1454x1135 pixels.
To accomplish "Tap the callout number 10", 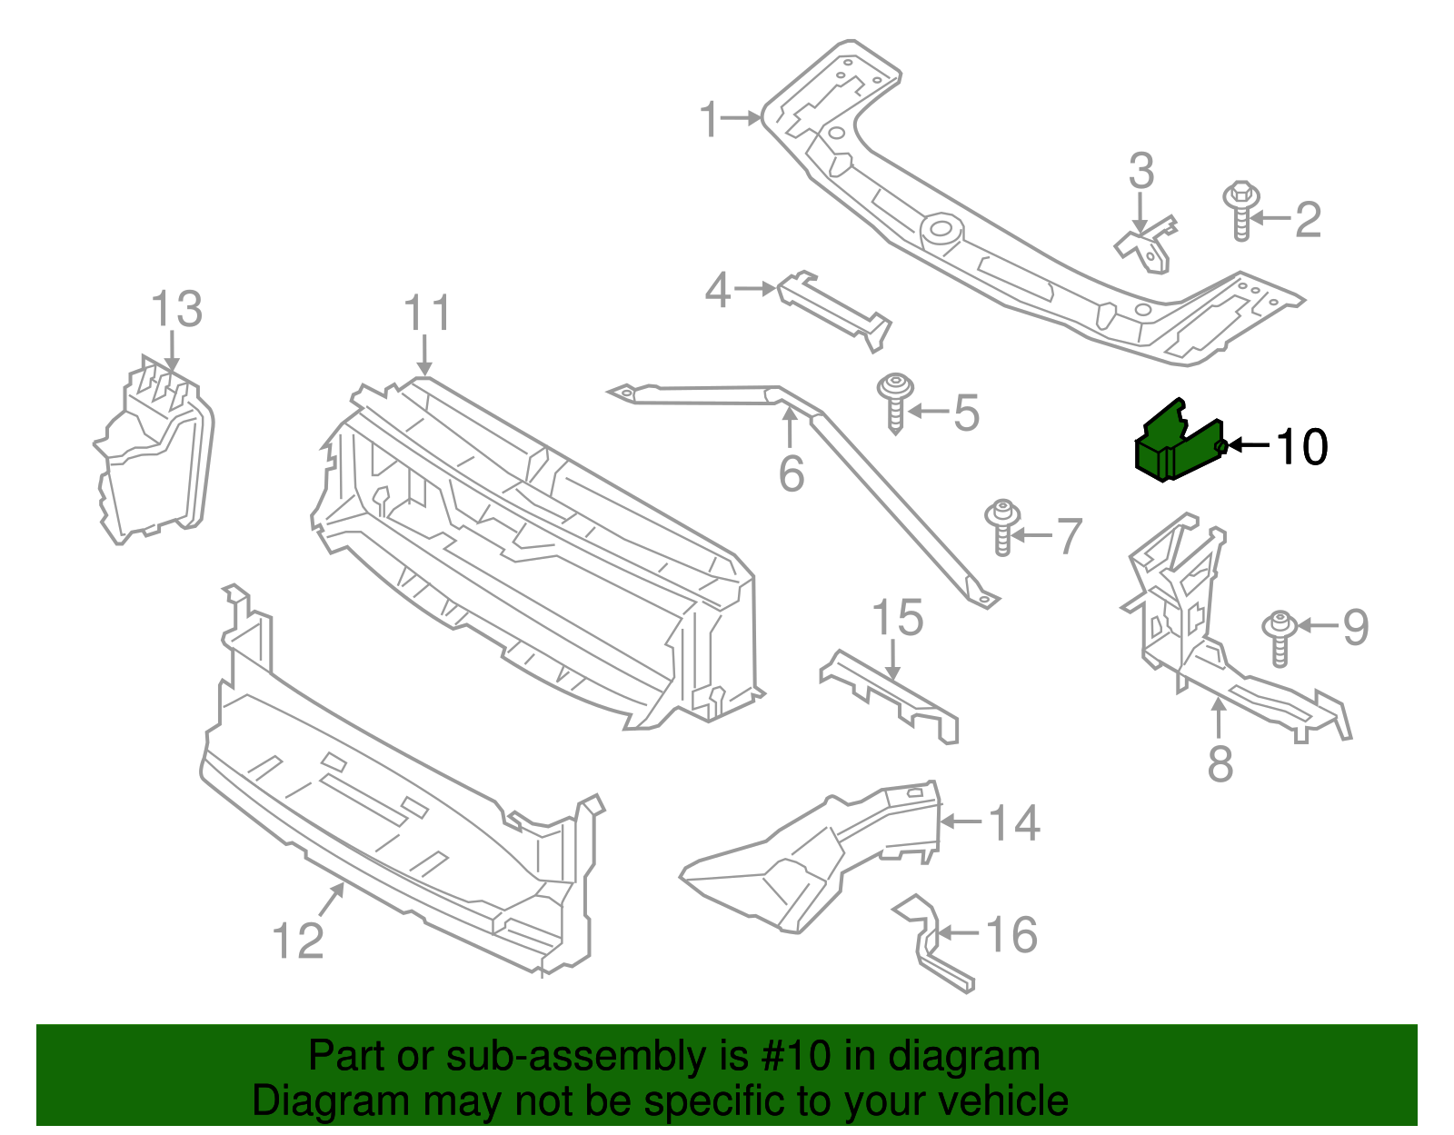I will [x=1301, y=447].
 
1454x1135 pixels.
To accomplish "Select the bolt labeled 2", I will [x=1240, y=211].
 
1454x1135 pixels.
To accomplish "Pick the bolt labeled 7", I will [x=1002, y=527].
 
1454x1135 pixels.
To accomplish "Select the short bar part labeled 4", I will [x=833, y=309].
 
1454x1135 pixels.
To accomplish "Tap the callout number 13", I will [x=176, y=310].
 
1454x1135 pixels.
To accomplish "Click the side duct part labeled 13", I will [x=154, y=454].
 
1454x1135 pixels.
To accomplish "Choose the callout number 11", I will [x=427, y=314].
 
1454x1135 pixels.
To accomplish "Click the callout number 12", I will [x=298, y=941].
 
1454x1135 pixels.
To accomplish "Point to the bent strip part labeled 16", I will [x=931, y=945].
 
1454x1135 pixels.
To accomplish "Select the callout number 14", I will [x=1013, y=823].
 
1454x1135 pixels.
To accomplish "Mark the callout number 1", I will [x=709, y=120].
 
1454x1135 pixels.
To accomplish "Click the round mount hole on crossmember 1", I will [x=941, y=227].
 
